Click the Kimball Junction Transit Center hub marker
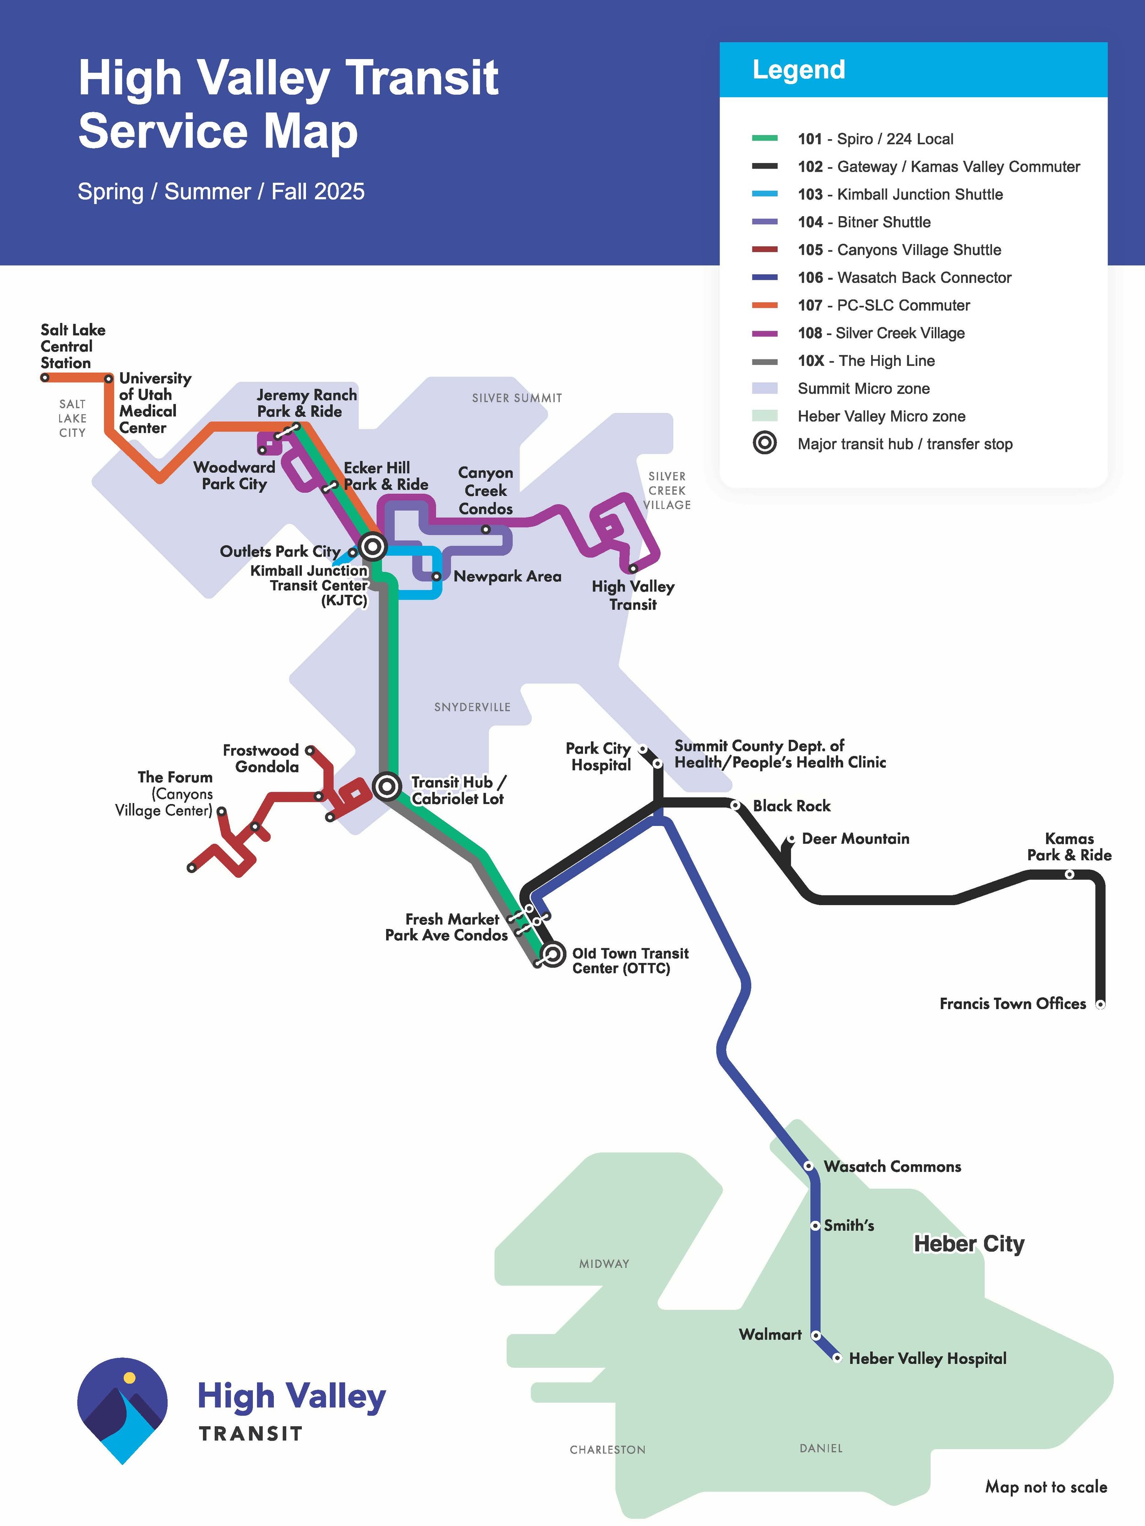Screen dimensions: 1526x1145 373,546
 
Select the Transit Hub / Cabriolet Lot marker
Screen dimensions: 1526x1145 387,786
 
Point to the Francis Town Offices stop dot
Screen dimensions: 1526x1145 1100,1005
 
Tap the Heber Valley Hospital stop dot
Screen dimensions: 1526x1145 837,1358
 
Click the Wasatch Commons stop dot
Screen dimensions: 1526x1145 809,1166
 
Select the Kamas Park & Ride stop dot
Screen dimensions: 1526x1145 1069,874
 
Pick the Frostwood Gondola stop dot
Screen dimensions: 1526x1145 310,750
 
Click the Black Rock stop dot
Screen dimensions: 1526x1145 736,805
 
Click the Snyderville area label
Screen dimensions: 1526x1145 472,707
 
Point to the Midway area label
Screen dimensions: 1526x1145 604,1264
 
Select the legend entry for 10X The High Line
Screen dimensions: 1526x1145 866,361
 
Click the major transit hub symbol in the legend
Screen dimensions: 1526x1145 765,444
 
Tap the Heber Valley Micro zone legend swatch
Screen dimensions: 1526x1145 765,416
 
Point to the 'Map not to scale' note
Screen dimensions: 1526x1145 1046,1487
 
